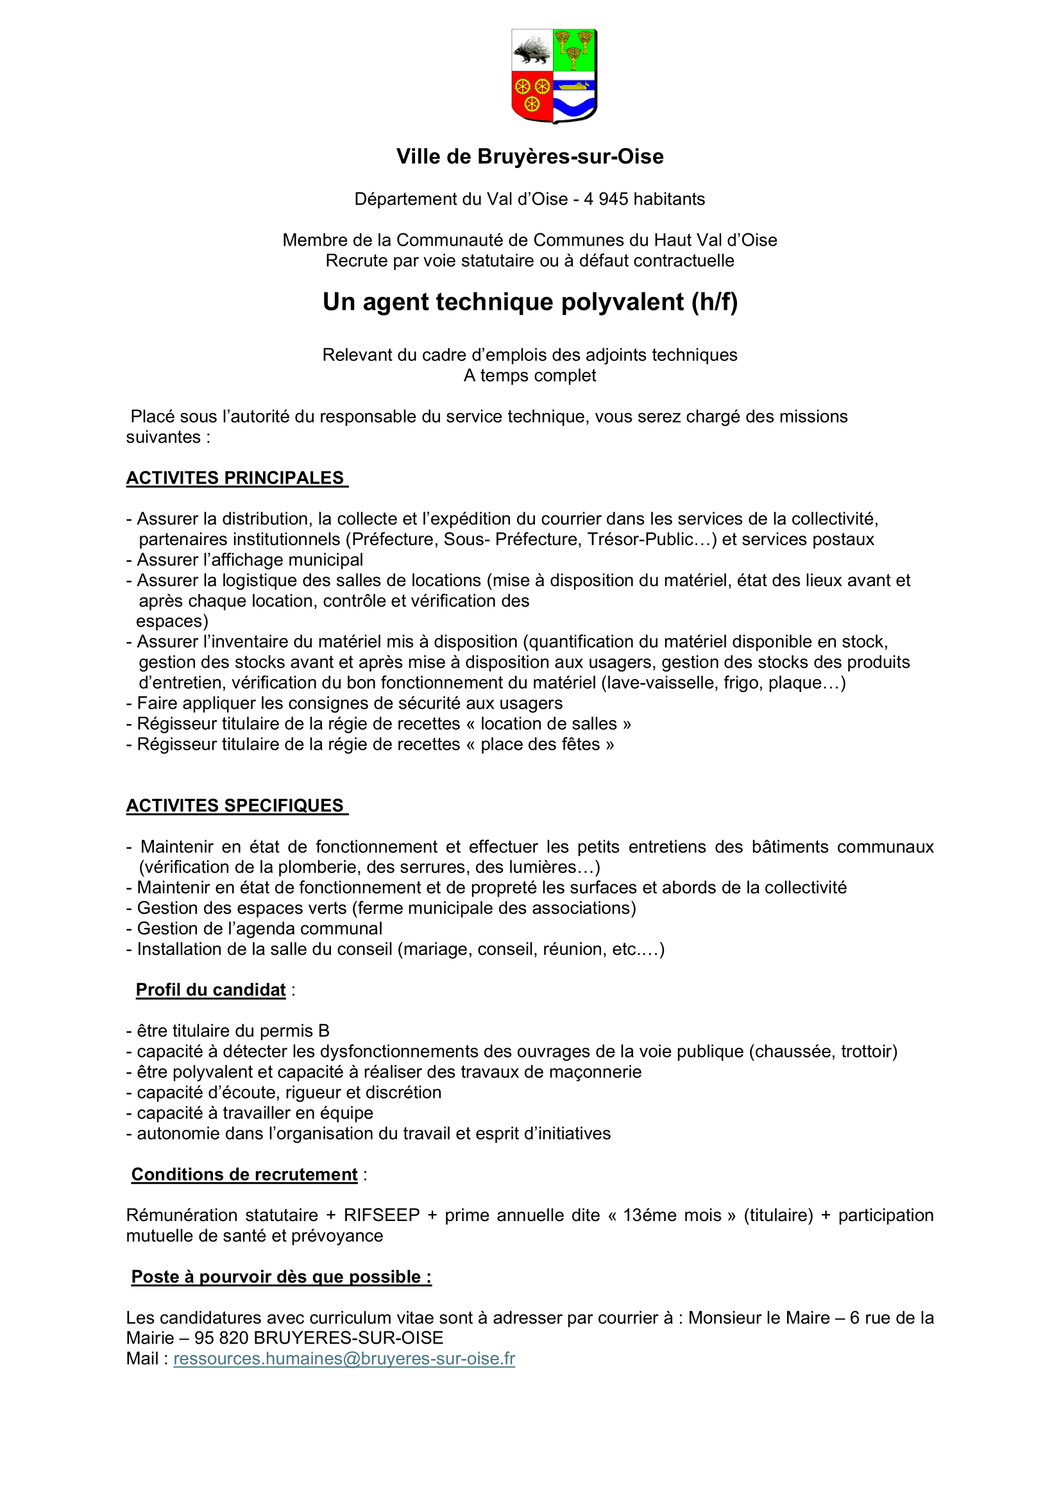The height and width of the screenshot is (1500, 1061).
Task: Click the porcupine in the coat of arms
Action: (x=532, y=51)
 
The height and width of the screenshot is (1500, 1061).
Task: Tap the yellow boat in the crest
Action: (x=573, y=85)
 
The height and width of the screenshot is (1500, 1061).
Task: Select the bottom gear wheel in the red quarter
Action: (x=532, y=104)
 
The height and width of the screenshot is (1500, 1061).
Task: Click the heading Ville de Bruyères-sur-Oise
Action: (x=530, y=156)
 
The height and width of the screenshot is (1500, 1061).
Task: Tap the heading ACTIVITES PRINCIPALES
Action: (x=235, y=478)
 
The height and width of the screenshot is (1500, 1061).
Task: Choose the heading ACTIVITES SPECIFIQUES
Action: (x=235, y=806)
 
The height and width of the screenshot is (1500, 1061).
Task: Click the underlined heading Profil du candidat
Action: (x=210, y=990)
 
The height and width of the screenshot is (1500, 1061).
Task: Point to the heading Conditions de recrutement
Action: (x=244, y=1175)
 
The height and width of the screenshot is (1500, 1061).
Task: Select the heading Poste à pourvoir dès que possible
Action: (x=281, y=1277)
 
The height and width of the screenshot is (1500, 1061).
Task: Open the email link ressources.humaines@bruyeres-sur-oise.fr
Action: (x=344, y=1359)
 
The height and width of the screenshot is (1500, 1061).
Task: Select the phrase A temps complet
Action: (x=530, y=376)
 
